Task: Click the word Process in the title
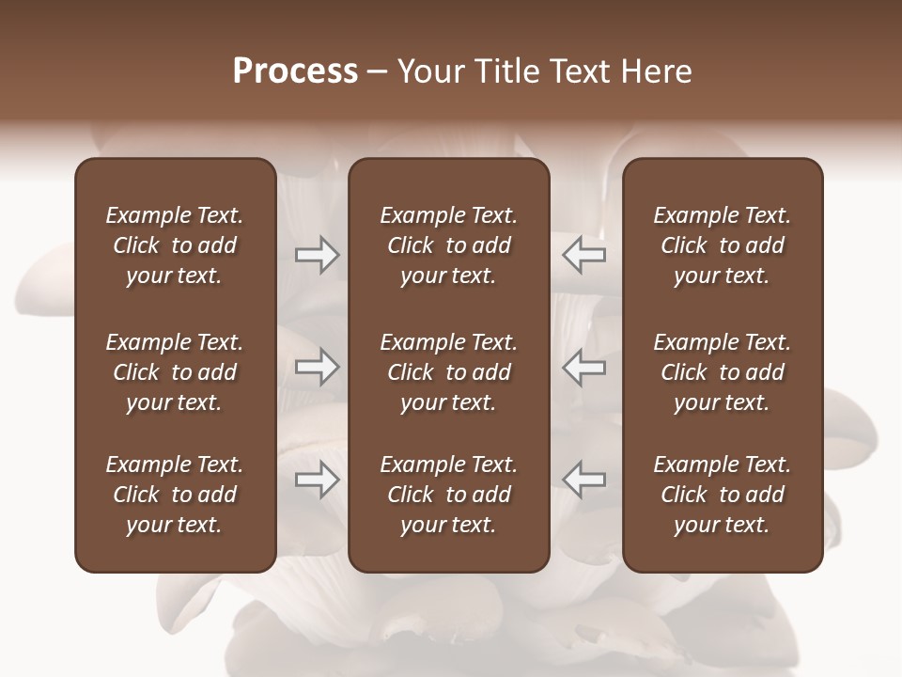[295, 71]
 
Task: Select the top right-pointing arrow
[318, 255]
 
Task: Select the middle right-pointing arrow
[318, 367]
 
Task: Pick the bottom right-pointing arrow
[318, 480]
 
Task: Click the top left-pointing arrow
[584, 255]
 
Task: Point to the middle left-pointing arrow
[584, 367]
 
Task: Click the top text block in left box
[175, 245]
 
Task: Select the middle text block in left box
[175, 372]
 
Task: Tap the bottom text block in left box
[175, 495]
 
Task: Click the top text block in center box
[448, 245]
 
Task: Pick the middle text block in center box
[448, 372]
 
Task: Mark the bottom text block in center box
[448, 495]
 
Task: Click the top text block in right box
[722, 245]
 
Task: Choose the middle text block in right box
[722, 372]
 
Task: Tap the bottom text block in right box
[722, 495]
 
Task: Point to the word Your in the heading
[429, 71]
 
